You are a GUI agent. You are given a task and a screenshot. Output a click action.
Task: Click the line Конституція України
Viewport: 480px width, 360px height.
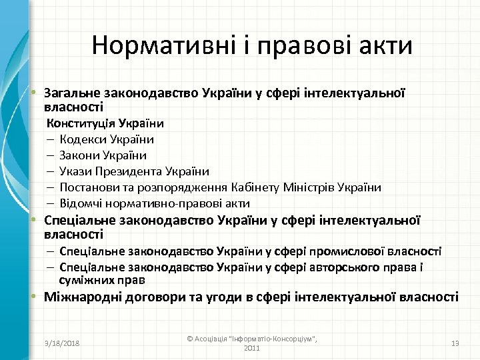(x=105, y=123)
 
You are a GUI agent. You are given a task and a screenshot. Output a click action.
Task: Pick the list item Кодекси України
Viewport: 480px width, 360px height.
(x=107, y=139)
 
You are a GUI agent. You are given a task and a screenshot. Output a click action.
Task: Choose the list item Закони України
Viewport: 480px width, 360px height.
(x=103, y=155)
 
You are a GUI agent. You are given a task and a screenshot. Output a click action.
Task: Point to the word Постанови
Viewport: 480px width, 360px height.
(x=85, y=187)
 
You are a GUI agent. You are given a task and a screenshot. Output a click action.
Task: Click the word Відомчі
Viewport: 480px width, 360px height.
(x=79, y=203)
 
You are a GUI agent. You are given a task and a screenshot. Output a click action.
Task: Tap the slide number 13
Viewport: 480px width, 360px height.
(x=456, y=343)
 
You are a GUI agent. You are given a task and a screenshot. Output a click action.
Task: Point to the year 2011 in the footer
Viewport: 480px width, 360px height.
(x=252, y=348)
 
